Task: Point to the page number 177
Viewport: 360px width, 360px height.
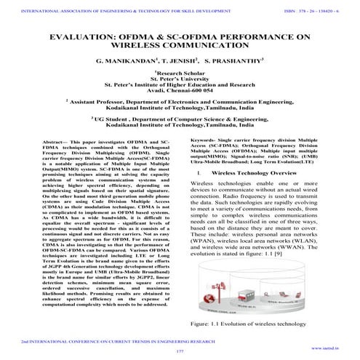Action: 180,352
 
